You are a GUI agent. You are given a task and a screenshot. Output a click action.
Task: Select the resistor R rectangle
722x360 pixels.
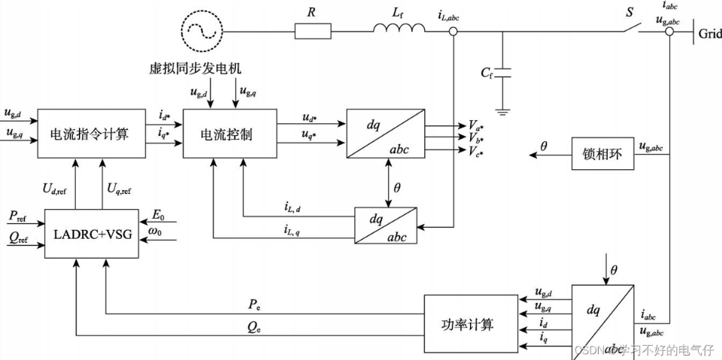click(x=313, y=32)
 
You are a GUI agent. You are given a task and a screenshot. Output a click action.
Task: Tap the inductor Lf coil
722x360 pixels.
click(x=399, y=28)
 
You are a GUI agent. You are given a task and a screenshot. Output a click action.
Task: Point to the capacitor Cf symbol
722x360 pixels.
click(x=503, y=73)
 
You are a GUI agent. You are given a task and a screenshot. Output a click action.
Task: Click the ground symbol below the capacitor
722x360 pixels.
click(x=503, y=111)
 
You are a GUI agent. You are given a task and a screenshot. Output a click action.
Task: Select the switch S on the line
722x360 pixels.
click(x=637, y=27)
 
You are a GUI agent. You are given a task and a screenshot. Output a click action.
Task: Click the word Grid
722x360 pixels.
click(x=710, y=33)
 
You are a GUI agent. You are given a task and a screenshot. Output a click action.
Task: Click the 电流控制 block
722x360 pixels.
click(x=230, y=134)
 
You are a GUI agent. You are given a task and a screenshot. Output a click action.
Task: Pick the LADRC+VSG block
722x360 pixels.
click(x=92, y=234)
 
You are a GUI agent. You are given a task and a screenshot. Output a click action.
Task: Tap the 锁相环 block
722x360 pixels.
click(x=602, y=154)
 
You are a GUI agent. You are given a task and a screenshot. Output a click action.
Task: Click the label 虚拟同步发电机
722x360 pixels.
click(x=196, y=68)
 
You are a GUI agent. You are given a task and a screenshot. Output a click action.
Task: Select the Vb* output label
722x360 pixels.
click(x=477, y=137)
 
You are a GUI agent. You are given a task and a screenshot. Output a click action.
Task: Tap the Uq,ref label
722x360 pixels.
click(x=120, y=189)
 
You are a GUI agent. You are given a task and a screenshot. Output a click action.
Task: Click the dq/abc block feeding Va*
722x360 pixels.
click(x=385, y=134)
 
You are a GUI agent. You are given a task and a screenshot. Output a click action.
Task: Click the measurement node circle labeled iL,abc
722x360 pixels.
click(x=454, y=32)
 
